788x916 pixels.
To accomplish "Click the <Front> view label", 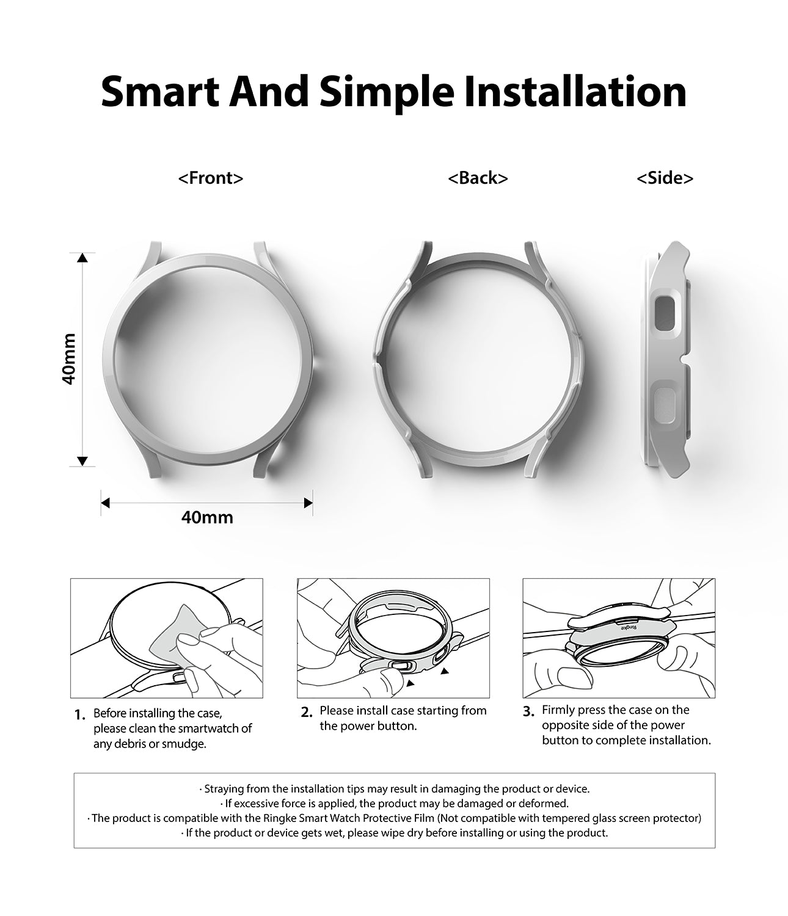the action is pyautogui.click(x=211, y=178).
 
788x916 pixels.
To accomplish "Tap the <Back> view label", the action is pyautogui.click(x=478, y=178).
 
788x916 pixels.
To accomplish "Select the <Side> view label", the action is pyautogui.click(x=665, y=178).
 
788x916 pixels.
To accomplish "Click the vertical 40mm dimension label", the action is pyautogui.click(x=69, y=359).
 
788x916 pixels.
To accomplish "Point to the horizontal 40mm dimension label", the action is pyautogui.click(x=207, y=518).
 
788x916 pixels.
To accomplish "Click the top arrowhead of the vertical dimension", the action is pyautogui.click(x=82, y=258).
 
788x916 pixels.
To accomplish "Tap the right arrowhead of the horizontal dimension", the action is pyautogui.click(x=308, y=503).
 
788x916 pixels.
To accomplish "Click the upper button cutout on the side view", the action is pyautogui.click(x=665, y=314).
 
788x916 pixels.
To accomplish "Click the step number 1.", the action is pyautogui.click(x=80, y=715).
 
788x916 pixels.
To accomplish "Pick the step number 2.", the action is pyautogui.click(x=307, y=712).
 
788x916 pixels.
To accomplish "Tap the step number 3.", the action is pyautogui.click(x=528, y=712).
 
